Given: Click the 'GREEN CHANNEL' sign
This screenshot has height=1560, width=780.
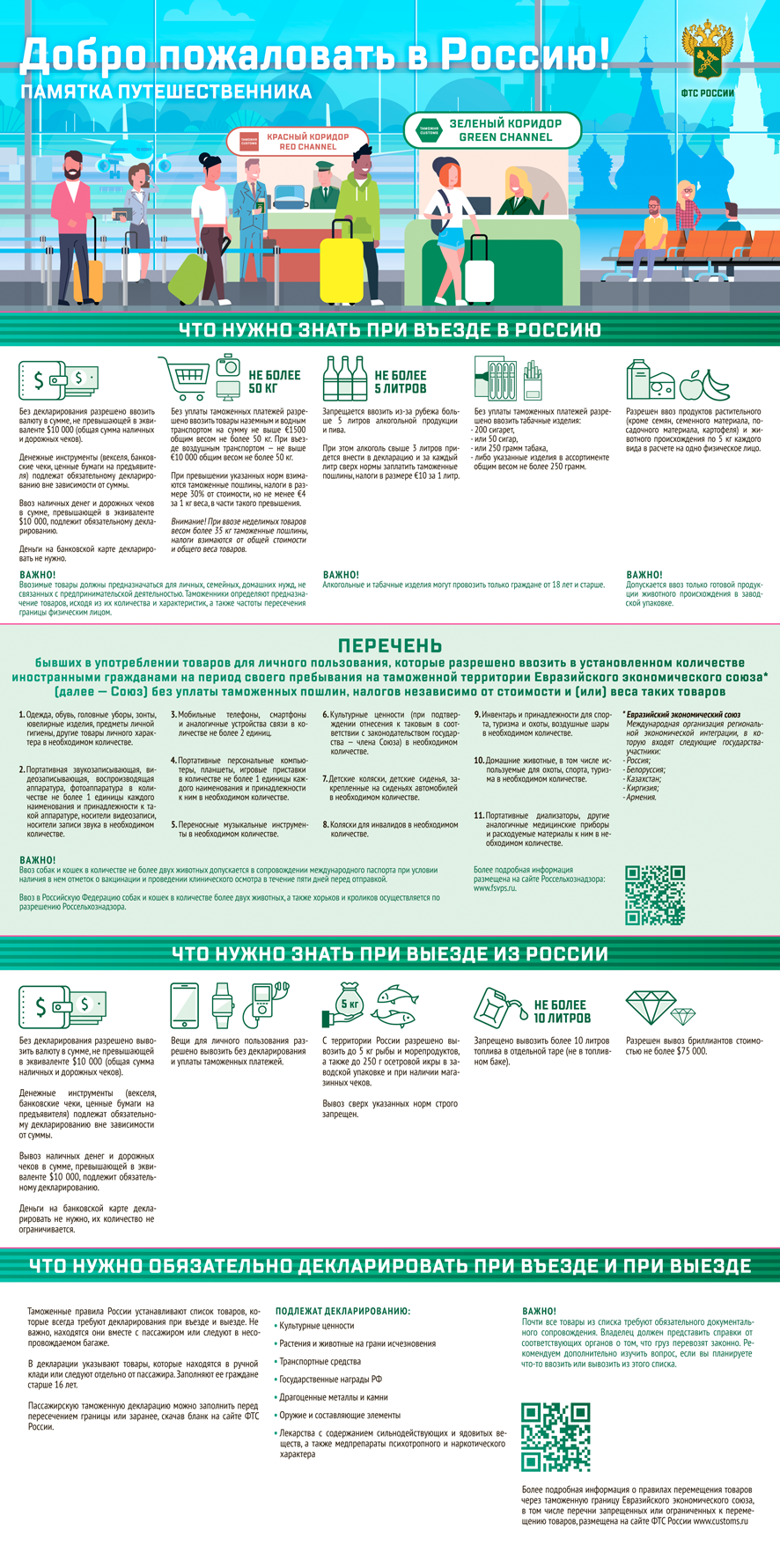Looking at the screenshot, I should (494, 131).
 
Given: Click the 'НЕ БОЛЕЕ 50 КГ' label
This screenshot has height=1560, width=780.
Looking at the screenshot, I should (274, 381).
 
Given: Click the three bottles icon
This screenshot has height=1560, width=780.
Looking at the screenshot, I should (344, 379).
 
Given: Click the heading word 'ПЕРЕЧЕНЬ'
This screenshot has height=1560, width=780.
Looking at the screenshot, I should (390, 646).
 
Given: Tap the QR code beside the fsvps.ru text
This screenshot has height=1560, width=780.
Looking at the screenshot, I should (654, 894).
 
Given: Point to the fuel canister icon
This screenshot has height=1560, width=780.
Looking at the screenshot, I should (497, 1004).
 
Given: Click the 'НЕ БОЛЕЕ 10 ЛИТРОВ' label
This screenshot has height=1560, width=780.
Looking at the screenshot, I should (562, 1011).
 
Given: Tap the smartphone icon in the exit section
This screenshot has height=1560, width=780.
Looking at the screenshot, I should (184, 1004).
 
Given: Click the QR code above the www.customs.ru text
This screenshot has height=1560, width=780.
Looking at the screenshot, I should (555, 1436).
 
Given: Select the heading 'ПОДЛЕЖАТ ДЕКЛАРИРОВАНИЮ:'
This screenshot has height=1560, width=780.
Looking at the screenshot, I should (342, 1311).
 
